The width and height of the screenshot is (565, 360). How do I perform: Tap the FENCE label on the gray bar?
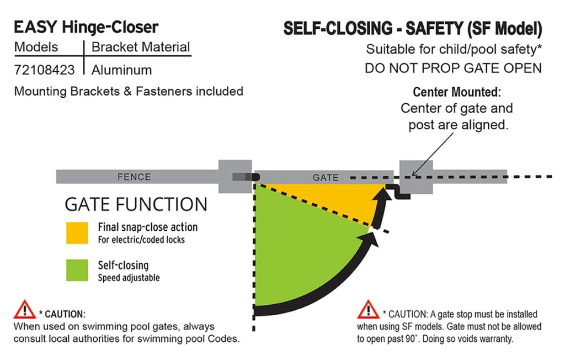(134, 177)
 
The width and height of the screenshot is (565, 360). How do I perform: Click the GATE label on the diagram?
(326, 178)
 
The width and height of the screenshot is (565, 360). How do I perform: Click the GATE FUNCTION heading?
(136, 204)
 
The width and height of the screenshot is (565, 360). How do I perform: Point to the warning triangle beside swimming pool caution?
(25, 310)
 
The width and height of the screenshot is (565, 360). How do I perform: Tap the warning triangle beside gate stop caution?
(368, 310)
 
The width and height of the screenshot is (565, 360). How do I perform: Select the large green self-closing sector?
(298, 254)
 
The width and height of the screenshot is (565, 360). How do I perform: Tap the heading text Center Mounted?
(456, 92)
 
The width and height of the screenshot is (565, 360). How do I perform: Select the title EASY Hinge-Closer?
(86, 27)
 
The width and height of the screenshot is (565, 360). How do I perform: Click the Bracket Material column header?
(141, 47)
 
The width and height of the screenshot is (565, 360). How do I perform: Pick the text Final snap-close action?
(147, 227)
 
